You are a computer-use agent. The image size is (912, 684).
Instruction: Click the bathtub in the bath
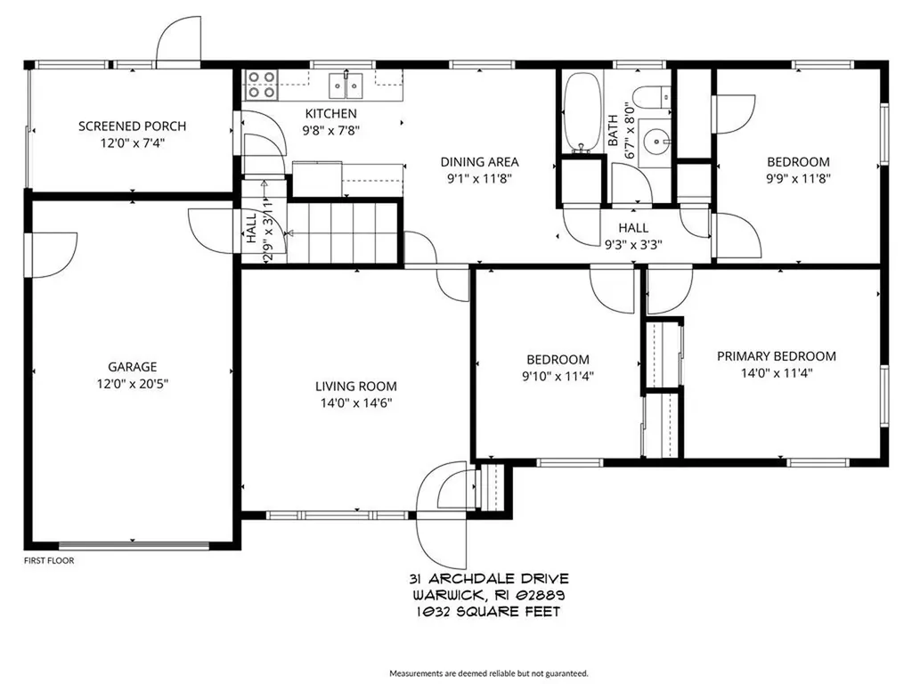[x=583, y=113]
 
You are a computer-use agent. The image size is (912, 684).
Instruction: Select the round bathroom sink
[x=657, y=140]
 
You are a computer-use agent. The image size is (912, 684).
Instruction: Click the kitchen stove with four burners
[x=261, y=85]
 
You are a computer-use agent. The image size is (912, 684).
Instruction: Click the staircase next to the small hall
[x=343, y=233]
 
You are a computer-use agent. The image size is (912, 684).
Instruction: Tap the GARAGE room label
[x=132, y=366]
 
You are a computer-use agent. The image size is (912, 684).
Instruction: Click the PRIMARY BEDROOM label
[x=777, y=356]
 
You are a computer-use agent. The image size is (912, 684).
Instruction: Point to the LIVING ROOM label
[x=355, y=387]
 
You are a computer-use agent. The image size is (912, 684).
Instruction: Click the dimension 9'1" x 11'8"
[x=479, y=178]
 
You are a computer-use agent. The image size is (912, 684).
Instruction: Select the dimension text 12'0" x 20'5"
[x=132, y=383]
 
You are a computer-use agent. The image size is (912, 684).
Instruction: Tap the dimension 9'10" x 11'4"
[x=557, y=376]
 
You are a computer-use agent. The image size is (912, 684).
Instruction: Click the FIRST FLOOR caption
[x=49, y=561]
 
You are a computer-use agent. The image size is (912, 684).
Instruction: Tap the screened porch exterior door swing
[x=178, y=40]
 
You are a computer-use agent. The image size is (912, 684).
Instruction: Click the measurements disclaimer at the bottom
[x=488, y=673]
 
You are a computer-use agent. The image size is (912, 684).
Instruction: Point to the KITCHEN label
[x=330, y=113]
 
